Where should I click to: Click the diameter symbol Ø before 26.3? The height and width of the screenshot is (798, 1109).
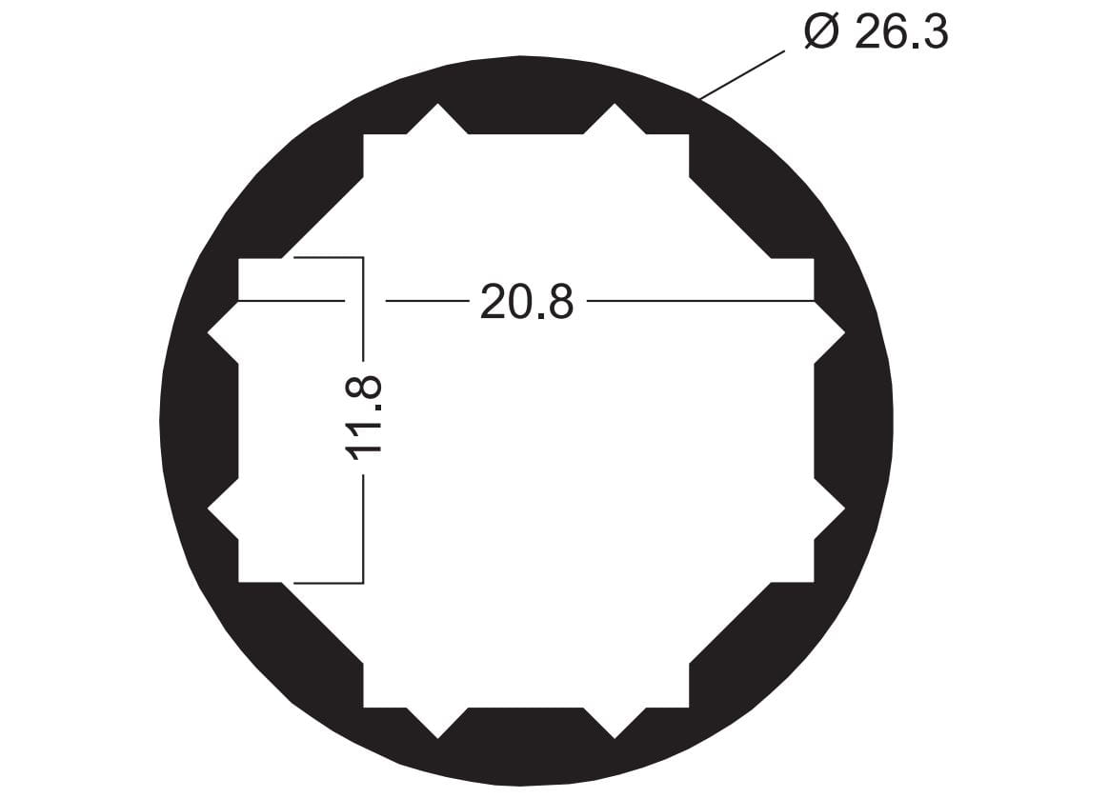[x=822, y=31]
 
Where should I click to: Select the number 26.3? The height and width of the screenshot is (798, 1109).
[x=901, y=32]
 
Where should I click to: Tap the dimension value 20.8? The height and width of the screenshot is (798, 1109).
[x=527, y=301]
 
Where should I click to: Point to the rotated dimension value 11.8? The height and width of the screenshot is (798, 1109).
[x=364, y=418]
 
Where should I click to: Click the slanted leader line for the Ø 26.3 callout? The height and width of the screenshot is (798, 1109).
[x=742, y=74]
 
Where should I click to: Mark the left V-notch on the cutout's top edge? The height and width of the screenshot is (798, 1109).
[x=438, y=118]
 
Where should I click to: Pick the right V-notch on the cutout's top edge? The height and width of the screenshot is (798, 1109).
[x=615, y=118]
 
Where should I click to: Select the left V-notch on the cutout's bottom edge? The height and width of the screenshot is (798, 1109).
[x=438, y=723]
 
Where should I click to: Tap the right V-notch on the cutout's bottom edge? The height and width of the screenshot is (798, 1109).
[x=615, y=723]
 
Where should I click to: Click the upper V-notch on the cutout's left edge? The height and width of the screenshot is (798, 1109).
[x=223, y=332]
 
